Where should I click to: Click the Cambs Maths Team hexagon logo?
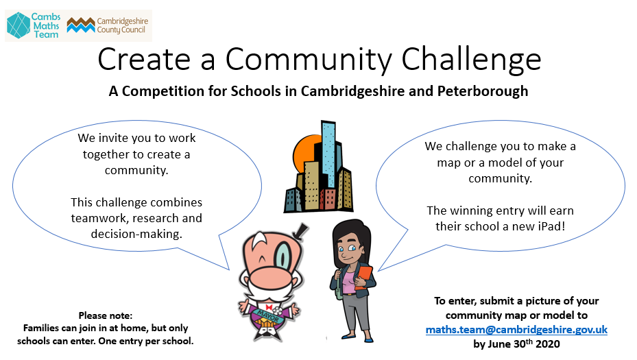19,25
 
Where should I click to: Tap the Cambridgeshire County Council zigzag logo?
81,25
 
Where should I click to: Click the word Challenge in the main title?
471,60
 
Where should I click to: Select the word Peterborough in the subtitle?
483,91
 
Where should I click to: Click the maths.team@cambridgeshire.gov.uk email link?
516,330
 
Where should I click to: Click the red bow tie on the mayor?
269,307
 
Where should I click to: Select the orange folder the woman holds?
363,277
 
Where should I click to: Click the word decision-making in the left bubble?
136,234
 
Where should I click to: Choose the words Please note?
105,315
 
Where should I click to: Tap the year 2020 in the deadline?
548,344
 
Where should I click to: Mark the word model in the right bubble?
504,163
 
